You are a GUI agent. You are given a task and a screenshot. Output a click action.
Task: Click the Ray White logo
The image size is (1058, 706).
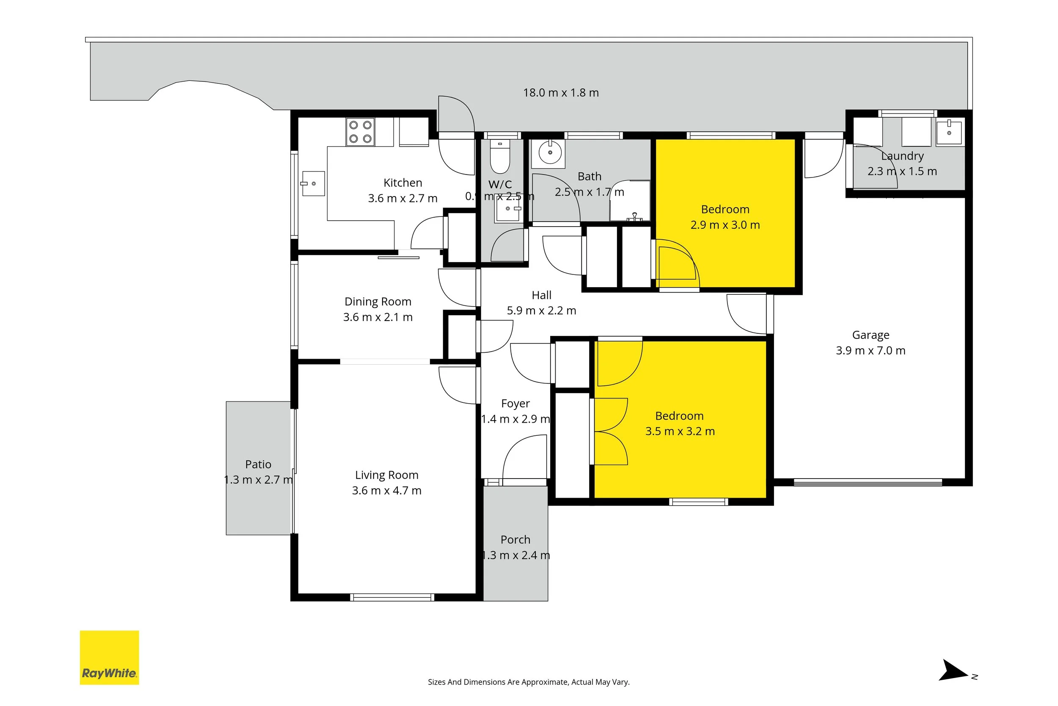(x=109, y=657)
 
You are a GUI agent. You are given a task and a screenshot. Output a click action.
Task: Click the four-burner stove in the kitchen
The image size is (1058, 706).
(x=360, y=132)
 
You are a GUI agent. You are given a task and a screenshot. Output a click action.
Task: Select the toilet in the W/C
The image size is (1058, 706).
(x=500, y=156)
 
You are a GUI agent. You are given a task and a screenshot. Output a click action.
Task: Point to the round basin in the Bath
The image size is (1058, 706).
(x=550, y=152)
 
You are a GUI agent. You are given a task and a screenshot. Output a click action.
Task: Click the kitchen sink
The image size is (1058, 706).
(x=313, y=183)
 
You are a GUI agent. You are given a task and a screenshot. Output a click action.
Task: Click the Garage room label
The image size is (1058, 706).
(x=871, y=335)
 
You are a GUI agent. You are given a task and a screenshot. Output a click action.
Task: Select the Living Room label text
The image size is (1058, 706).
(x=387, y=475)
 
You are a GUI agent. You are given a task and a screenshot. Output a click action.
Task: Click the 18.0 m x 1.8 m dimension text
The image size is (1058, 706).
(x=561, y=93)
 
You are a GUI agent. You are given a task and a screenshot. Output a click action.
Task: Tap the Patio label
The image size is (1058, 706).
(x=258, y=464)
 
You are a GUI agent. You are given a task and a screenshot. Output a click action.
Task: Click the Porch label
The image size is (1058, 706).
(x=515, y=540)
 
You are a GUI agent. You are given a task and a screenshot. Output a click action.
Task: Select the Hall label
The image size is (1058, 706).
(x=542, y=295)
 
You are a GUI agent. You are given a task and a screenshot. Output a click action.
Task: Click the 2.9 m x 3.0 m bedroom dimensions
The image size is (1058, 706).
(x=725, y=225)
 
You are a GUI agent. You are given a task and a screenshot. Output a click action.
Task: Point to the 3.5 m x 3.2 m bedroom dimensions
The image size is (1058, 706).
(x=680, y=431)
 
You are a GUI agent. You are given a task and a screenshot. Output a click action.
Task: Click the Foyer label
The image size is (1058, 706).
(x=515, y=404)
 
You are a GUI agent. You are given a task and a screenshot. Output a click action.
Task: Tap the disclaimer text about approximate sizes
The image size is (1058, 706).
(x=529, y=682)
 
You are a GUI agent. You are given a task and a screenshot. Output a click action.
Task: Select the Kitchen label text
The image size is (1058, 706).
(x=403, y=183)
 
